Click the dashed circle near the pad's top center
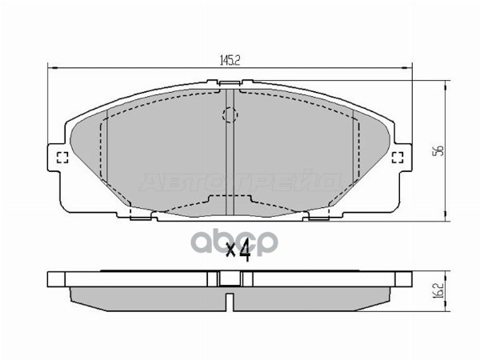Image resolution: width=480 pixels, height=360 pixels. [230, 117]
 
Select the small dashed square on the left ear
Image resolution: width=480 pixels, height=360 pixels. [62, 157]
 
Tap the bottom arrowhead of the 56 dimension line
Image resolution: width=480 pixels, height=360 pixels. [445, 216]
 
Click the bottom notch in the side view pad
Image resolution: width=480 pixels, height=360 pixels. [230, 304]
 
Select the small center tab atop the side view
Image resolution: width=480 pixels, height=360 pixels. [230, 278]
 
